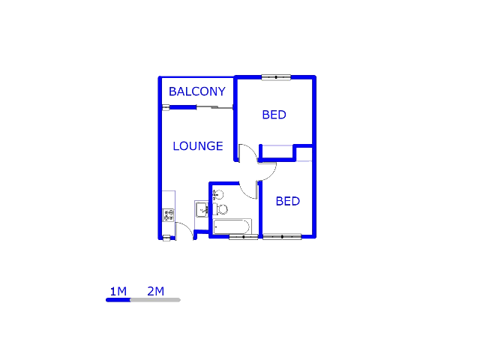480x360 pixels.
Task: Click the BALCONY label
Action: (196, 91)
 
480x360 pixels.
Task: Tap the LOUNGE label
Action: (197, 145)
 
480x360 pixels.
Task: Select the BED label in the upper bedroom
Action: (274, 115)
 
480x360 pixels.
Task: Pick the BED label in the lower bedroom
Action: (287, 201)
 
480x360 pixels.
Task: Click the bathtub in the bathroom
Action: (231, 226)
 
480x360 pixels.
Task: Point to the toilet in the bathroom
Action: (221, 209)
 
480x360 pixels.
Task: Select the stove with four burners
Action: (168, 215)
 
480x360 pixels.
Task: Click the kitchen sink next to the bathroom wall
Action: (201, 209)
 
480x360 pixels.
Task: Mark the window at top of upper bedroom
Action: (276, 76)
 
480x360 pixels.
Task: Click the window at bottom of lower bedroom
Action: (282, 237)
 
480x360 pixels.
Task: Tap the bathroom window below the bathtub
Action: (243, 237)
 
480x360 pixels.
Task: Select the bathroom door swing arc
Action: (247, 191)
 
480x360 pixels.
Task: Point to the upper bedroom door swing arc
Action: (247, 153)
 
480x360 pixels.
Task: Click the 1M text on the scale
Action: (118, 291)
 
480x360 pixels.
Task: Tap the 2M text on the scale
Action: (155, 291)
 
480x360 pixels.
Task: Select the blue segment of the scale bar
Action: (118, 299)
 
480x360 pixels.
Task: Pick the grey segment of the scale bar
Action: (155, 299)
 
